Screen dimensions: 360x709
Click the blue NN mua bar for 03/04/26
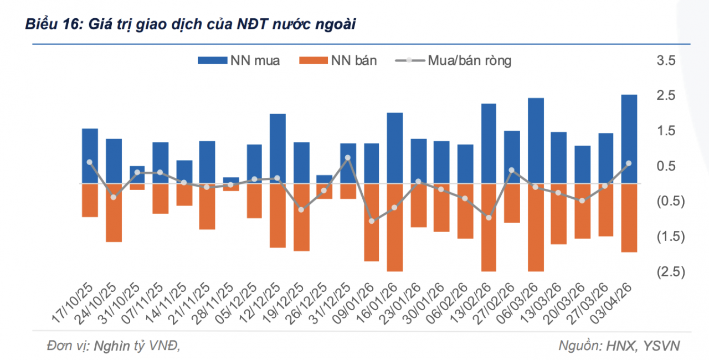click(629, 138)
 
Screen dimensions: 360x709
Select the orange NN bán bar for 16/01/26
click(395, 227)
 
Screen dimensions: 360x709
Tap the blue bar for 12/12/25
click(278, 148)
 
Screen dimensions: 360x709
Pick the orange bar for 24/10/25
click(114, 213)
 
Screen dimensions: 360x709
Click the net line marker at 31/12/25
click(348, 158)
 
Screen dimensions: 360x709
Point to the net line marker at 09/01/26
click(372, 221)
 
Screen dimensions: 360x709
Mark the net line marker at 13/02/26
click(489, 218)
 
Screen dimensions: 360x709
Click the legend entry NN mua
click(239, 60)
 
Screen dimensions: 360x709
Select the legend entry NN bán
click(338, 60)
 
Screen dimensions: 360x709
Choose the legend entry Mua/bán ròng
click(454, 60)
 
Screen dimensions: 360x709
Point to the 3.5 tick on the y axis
click(666, 60)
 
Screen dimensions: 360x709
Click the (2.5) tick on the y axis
click(666, 272)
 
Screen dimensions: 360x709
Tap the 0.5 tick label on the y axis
click(666, 166)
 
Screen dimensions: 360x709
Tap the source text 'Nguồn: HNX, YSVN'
click(619, 346)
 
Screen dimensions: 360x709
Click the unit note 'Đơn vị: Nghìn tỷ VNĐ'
click(114, 346)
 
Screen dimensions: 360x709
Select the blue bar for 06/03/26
click(536, 141)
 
